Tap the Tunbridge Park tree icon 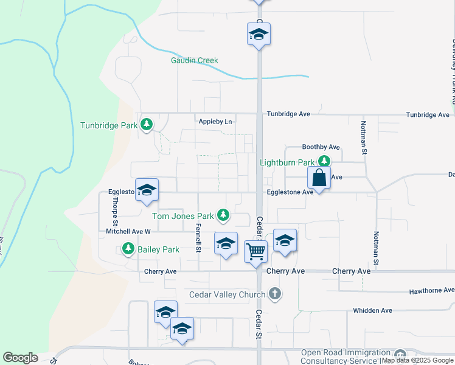[146, 125]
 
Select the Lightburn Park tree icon [325, 161]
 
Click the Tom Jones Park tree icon [224, 215]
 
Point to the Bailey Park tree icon [128, 248]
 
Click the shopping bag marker [319, 178]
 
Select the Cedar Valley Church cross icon [275, 294]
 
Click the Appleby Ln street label [215, 122]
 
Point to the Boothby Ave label [321, 147]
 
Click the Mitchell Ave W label [128, 232]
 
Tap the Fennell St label [198, 234]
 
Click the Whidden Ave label [373, 310]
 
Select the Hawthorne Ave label [431, 290]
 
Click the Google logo [20, 358]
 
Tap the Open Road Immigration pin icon [400, 355]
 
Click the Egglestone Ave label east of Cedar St [290, 192]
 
